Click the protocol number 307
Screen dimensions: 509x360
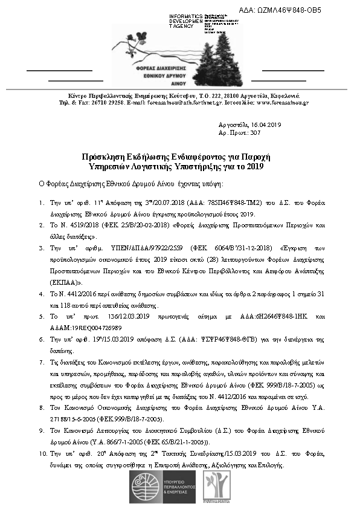click(x=255, y=132)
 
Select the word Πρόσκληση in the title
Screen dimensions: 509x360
click(x=106, y=155)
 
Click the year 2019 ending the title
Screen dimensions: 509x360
click(x=256, y=164)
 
